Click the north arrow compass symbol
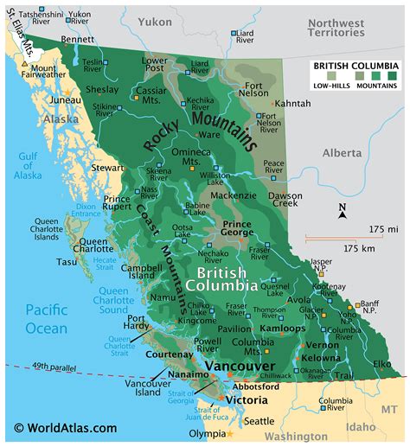343,211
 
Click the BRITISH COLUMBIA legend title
355,65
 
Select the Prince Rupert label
117,203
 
